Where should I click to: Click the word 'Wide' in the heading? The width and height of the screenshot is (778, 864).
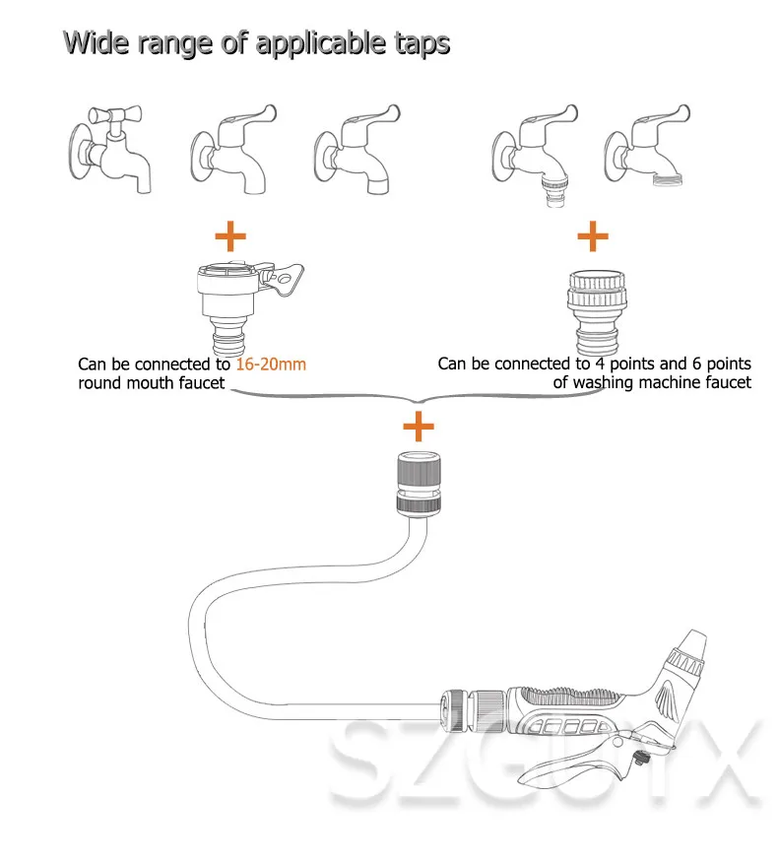coord(97,43)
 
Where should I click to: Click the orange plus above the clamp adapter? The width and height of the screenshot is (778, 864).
coord(229,235)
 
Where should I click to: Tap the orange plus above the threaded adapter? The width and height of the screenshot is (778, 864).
coord(592,235)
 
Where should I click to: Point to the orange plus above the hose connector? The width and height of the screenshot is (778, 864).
coord(419,427)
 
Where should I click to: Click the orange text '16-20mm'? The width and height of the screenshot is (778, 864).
coord(271,365)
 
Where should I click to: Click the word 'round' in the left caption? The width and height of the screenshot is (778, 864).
coord(99,382)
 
